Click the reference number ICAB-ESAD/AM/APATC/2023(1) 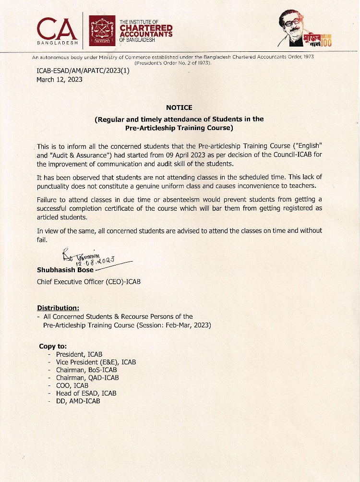(x=83, y=71)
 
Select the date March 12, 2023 (x=59, y=79)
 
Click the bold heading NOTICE (x=179, y=108)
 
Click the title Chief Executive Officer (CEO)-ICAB (x=89, y=281)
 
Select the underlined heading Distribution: (x=58, y=308)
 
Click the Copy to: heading (x=53, y=346)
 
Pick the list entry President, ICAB (x=79, y=354)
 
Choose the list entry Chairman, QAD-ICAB (x=87, y=378)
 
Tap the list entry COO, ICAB (x=72, y=386)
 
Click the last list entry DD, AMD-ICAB (x=78, y=401)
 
